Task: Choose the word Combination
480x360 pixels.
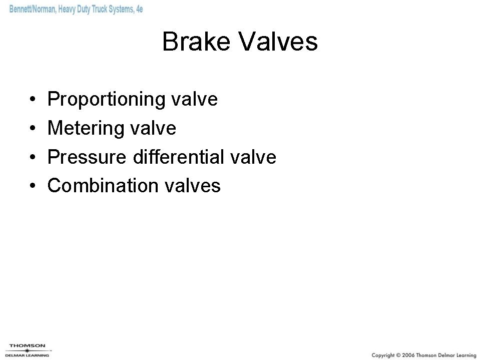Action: [x=103, y=186]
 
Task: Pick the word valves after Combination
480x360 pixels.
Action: [x=193, y=186]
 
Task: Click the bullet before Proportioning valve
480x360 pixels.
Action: [x=32, y=100]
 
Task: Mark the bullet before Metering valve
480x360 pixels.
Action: [x=32, y=129]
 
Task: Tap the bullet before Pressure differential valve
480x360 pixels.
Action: [x=32, y=158]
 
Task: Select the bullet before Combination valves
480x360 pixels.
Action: [x=32, y=186]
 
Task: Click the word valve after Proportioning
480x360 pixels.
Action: [x=195, y=100]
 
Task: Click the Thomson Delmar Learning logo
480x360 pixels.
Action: [x=27, y=350]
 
